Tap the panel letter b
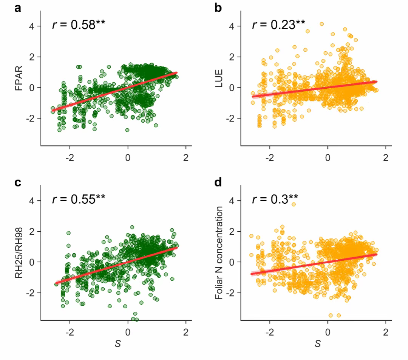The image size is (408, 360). tap(218, 8)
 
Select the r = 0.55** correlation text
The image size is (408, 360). tap(78, 200)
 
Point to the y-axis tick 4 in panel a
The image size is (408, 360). tap(33, 26)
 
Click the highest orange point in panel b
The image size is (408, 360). tap(322, 24)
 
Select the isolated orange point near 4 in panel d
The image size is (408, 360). tap(293, 204)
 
